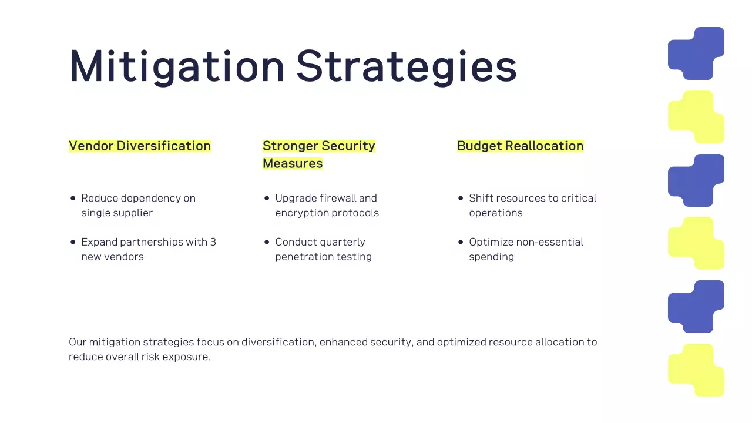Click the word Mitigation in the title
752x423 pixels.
point(177,66)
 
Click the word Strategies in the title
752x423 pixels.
point(407,66)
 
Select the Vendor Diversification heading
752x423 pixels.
point(140,146)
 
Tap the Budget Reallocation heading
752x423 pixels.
point(521,146)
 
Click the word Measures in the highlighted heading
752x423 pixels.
point(293,163)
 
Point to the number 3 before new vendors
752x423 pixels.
point(213,242)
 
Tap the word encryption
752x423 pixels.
point(302,213)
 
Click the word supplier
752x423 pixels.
point(133,213)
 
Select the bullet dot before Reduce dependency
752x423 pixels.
point(73,199)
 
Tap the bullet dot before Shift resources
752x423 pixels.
point(461,199)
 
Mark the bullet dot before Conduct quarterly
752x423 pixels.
point(267,242)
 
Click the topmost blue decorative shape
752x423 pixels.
point(696,53)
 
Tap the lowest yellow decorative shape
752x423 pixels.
point(696,370)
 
